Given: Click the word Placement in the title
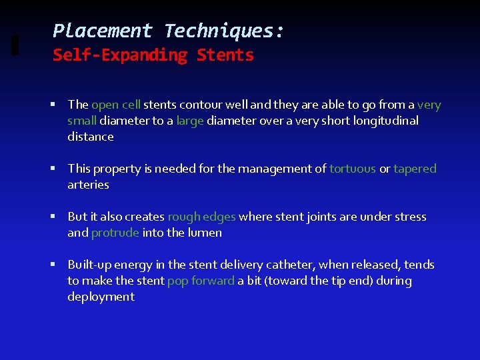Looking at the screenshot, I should tap(103, 31).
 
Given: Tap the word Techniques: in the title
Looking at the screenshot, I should tap(225, 31).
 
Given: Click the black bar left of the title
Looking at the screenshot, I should tap(15, 44).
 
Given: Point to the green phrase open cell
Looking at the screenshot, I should tap(116, 105).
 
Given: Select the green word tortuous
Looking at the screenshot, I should tap(353, 169).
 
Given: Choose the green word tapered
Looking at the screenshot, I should tap(415, 169).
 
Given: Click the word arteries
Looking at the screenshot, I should tap(88, 185).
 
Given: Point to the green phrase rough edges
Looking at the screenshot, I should tap(201, 217).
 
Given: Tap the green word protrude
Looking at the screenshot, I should tap(115, 233).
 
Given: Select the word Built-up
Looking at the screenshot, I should tap(89, 265).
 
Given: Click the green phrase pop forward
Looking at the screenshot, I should tap(201, 281).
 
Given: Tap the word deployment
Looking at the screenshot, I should tap(101, 297).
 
